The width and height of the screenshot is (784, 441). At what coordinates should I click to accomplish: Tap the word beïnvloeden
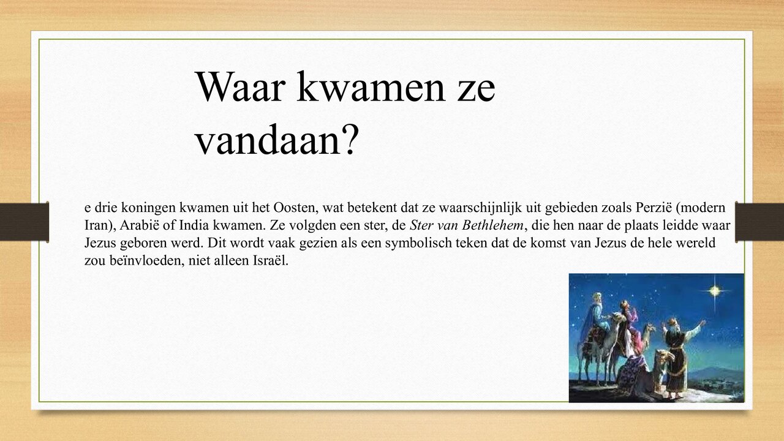coord(138,260)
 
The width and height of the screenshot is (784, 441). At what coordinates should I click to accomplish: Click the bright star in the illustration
coord(714,290)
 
